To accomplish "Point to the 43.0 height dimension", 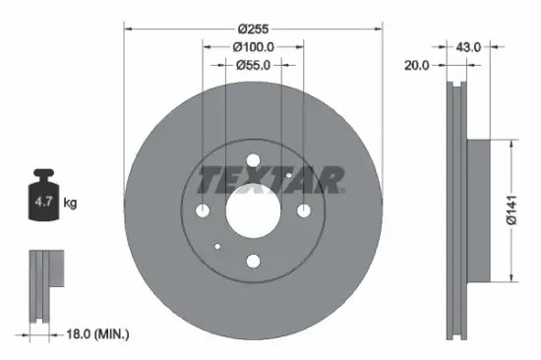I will click(x=469, y=46).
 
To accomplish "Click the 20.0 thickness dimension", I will click(x=418, y=65).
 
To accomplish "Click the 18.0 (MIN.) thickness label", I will click(x=95, y=334).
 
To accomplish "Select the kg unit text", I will click(x=71, y=203).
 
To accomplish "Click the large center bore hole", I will click(x=253, y=210).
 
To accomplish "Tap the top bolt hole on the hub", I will click(x=253, y=160).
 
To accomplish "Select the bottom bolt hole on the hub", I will click(x=253, y=261).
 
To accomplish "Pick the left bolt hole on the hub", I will click(x=203, y=210).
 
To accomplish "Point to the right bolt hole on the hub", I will click(x=303, y=210).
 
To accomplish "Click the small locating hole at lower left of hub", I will click(x=217, y=246).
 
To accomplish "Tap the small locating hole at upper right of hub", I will click(x=288, y=175).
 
